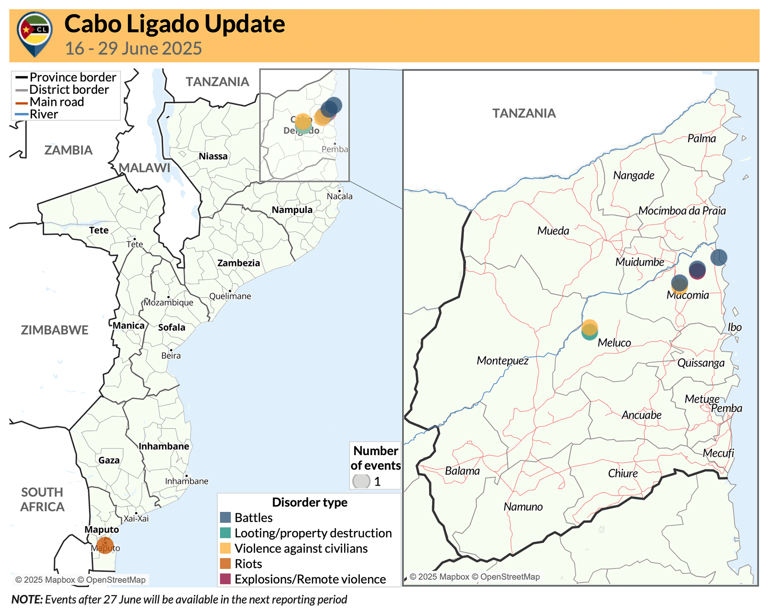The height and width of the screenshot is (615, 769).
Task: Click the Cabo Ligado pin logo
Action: click(x=35, y=33)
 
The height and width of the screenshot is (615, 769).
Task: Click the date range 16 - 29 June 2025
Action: click(x=133, y=48)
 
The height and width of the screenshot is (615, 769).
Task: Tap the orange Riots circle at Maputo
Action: click(x=105, y=545)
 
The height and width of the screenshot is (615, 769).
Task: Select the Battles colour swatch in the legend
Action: click(x=225, y=517)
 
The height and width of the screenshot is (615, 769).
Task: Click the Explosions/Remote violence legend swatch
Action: click(x=225, y=579)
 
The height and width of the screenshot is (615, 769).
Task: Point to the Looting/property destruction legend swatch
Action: click(x=225, y=533)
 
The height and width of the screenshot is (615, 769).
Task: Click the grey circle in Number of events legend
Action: click(x=361, y=481)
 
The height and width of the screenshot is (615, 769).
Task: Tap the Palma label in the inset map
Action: click(x=701, y=138)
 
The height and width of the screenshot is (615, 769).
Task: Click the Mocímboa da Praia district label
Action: click(x=682, y=211)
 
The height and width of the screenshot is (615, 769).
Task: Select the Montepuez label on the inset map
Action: click(x=502, y=361)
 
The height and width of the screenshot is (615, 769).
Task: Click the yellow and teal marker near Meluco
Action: click(x=589, y=330)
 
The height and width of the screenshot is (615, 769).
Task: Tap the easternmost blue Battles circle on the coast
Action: click(x=718, y=257)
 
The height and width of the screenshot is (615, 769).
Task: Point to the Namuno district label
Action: click(x=523, y=507)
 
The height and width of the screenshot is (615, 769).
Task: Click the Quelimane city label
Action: click(x=230, y=296)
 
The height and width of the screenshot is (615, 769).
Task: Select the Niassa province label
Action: click(x=213, y=156)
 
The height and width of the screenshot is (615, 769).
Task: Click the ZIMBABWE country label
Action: click(x=55, y=330)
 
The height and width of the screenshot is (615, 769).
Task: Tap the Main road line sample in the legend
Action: click(x=22, y=103)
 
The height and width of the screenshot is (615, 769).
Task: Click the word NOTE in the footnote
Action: click(x=26, y=599)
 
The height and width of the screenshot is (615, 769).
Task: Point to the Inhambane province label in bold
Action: click(x=164, y=446)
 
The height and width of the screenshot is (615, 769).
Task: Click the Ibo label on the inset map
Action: click(x=734, y=327)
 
